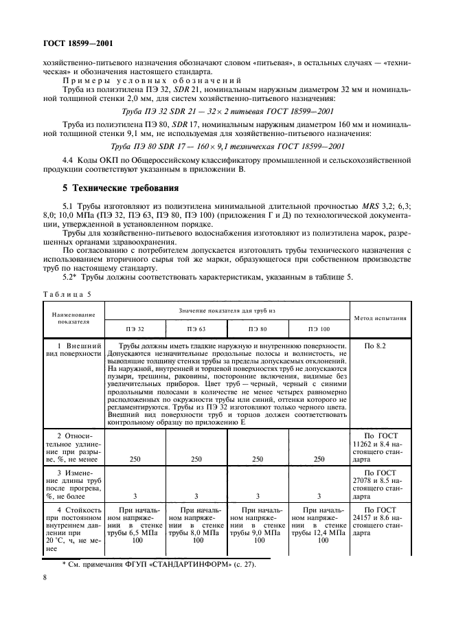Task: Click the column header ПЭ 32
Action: pyautogui.click(x=135, y=329)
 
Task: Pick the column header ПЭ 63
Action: pyautogui.click(x=196, y=329)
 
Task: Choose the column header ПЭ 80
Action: pyautogui.click(x=258, y=329)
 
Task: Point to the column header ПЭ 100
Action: pyautogui.click(x=319, y=329)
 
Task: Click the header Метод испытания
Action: pyautogui.click(x=380, y=319)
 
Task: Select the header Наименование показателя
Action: pyautogui.click(x=73, y=319)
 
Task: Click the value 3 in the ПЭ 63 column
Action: pyautogui.click(x=196, y=495)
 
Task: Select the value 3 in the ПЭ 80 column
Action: pyautogui.click(x=258, y=495)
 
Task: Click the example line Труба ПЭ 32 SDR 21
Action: pyautogui.click(x=227, y=111)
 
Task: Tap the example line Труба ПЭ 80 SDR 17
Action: pyautogui.click(x=227, y=146)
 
